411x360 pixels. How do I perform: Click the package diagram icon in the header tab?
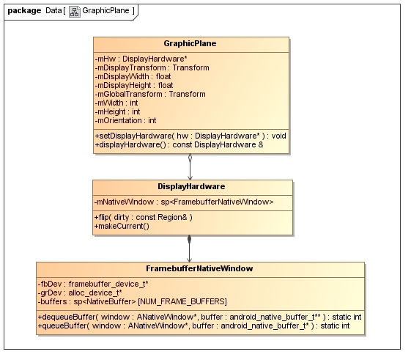pos(75,12)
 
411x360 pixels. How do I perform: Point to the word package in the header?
pos(25,11)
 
